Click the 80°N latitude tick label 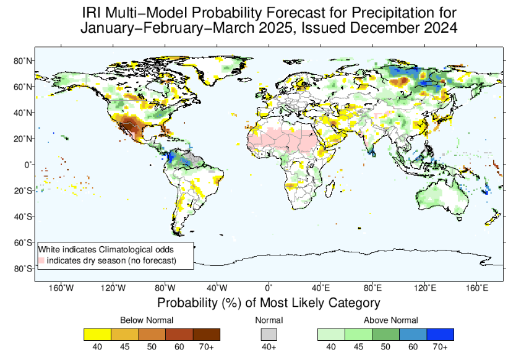[x=23, y=61]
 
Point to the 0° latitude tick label [x=27, y=165]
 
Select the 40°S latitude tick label [x=23, y=216]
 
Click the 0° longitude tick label [x=269, y=288]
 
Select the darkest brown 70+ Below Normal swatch [x=206, y=334]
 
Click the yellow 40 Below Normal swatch [x=97, y=334]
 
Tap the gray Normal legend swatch [x=269, y=334]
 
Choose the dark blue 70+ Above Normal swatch [x=440, y=334]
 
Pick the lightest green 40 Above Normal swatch [x=331, y=334]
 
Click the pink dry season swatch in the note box [x=42, y=261]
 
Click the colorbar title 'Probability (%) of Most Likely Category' [x=268, y=303]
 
